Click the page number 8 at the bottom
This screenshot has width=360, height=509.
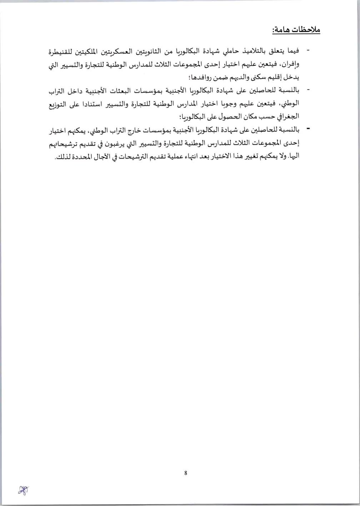(186, 473)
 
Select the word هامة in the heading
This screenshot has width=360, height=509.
(282, 30)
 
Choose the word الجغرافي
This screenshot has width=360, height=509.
(288, 117)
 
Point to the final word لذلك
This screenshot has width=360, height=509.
(62, 156)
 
